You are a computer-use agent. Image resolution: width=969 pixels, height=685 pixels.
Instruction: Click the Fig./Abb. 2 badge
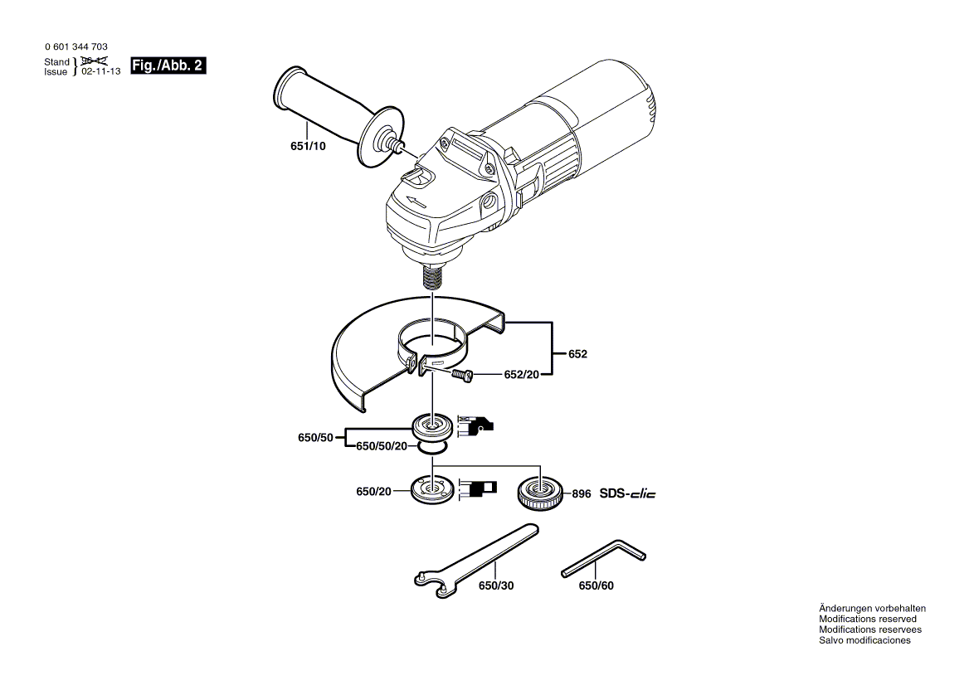[x=168, y=66]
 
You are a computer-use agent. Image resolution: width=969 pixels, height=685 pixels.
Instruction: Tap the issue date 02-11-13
[x=101, y=72]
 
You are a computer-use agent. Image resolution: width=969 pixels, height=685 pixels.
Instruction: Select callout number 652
[x=577, y=354]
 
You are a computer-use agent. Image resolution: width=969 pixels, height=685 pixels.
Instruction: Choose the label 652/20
[x=522, y=375]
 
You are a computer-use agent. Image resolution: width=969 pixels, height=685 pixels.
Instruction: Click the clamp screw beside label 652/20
[x=463, y=377]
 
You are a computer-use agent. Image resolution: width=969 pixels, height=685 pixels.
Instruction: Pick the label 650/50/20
[x=382, y=446]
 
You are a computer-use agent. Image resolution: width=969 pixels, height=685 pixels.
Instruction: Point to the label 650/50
[x=315, y=437]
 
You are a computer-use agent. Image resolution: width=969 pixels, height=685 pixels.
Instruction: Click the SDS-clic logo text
[x=628, y=494]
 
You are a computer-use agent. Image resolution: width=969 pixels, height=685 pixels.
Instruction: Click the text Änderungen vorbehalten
[x=872, y=608]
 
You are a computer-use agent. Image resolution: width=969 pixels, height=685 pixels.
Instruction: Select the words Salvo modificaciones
[x=864, y=640]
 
